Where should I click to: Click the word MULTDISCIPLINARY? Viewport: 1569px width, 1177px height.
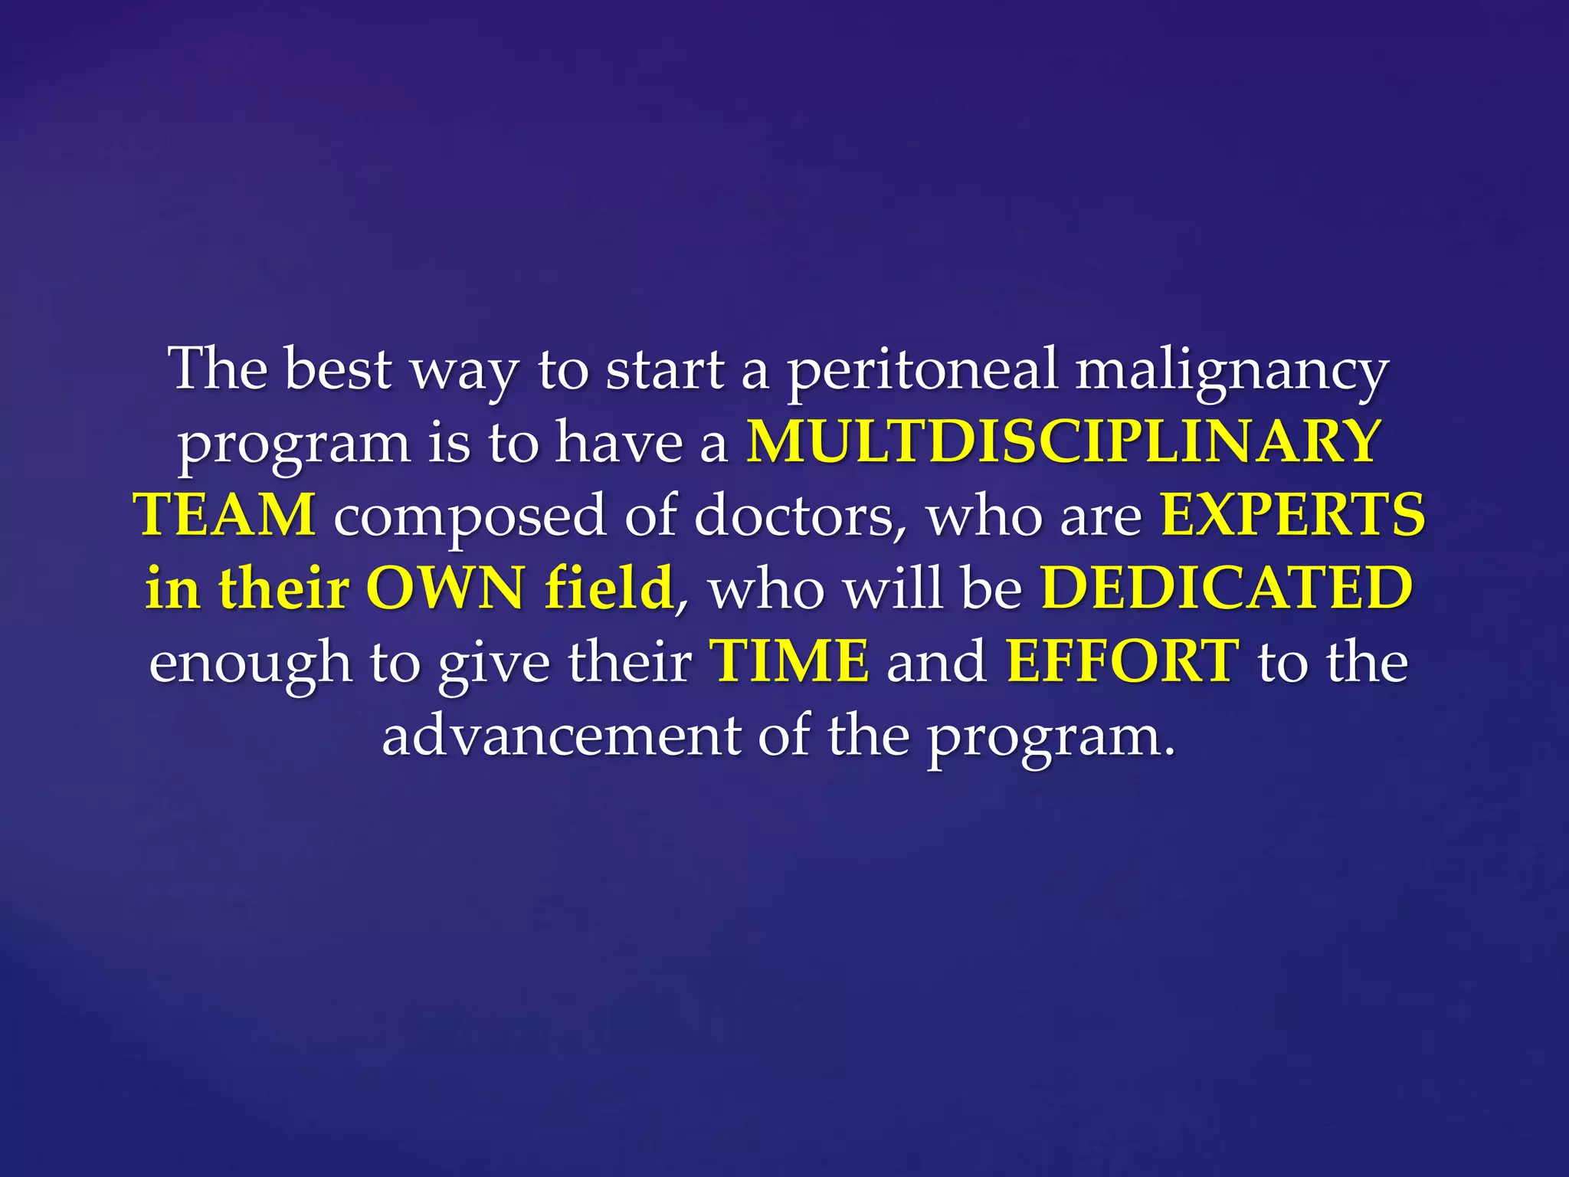point(1063,441)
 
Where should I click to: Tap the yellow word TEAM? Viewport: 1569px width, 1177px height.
point(225,515)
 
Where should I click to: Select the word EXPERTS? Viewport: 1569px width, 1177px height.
point(1292,515)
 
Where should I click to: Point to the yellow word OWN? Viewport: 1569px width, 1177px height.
point(445,588)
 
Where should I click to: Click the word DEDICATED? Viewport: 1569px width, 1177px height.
point(1227,588)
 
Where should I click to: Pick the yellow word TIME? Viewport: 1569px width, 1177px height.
point(790,661)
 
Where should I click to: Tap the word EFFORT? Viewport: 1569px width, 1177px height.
point(1122,661)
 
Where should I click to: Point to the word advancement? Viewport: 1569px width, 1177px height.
point(561,734)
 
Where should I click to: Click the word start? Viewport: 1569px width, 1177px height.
point(665,369)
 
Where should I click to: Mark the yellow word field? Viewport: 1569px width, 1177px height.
point(609,588)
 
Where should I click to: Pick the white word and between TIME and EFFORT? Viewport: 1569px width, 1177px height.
point(936,661)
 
